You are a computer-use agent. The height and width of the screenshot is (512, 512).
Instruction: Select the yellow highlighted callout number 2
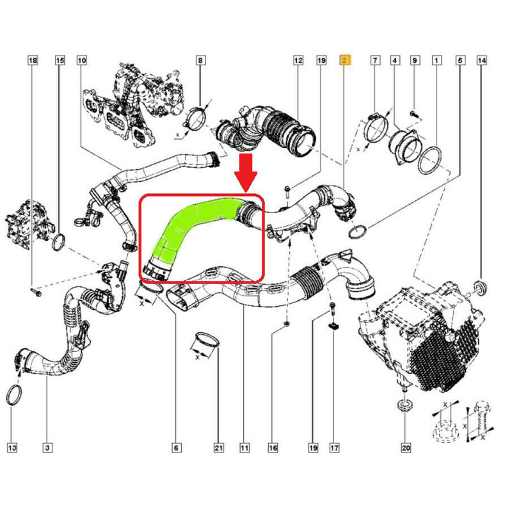click(x=345, y=60)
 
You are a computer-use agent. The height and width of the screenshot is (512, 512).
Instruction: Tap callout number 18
click(x=33, y=60)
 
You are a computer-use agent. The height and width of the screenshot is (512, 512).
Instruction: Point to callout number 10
click(x=82, y=60)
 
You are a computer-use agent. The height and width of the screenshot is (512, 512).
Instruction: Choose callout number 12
click(x=298, y=60)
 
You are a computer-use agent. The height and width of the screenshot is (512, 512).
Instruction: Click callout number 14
click(x=482, y=60)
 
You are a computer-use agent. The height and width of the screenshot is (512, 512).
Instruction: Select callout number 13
click(x=12, y=447)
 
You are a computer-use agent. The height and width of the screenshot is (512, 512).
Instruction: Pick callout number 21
click(x=218, y=447)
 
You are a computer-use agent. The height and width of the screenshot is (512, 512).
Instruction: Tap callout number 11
click(x=244, y=447)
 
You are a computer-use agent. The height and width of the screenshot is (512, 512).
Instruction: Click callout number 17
click(x=334, y=447)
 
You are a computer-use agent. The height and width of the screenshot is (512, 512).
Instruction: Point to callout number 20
click(x=406, y=447)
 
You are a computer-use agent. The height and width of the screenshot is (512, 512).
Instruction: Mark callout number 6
click(x=176, y=447)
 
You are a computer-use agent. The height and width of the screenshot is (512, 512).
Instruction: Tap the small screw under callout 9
click(x=413, y=114)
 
